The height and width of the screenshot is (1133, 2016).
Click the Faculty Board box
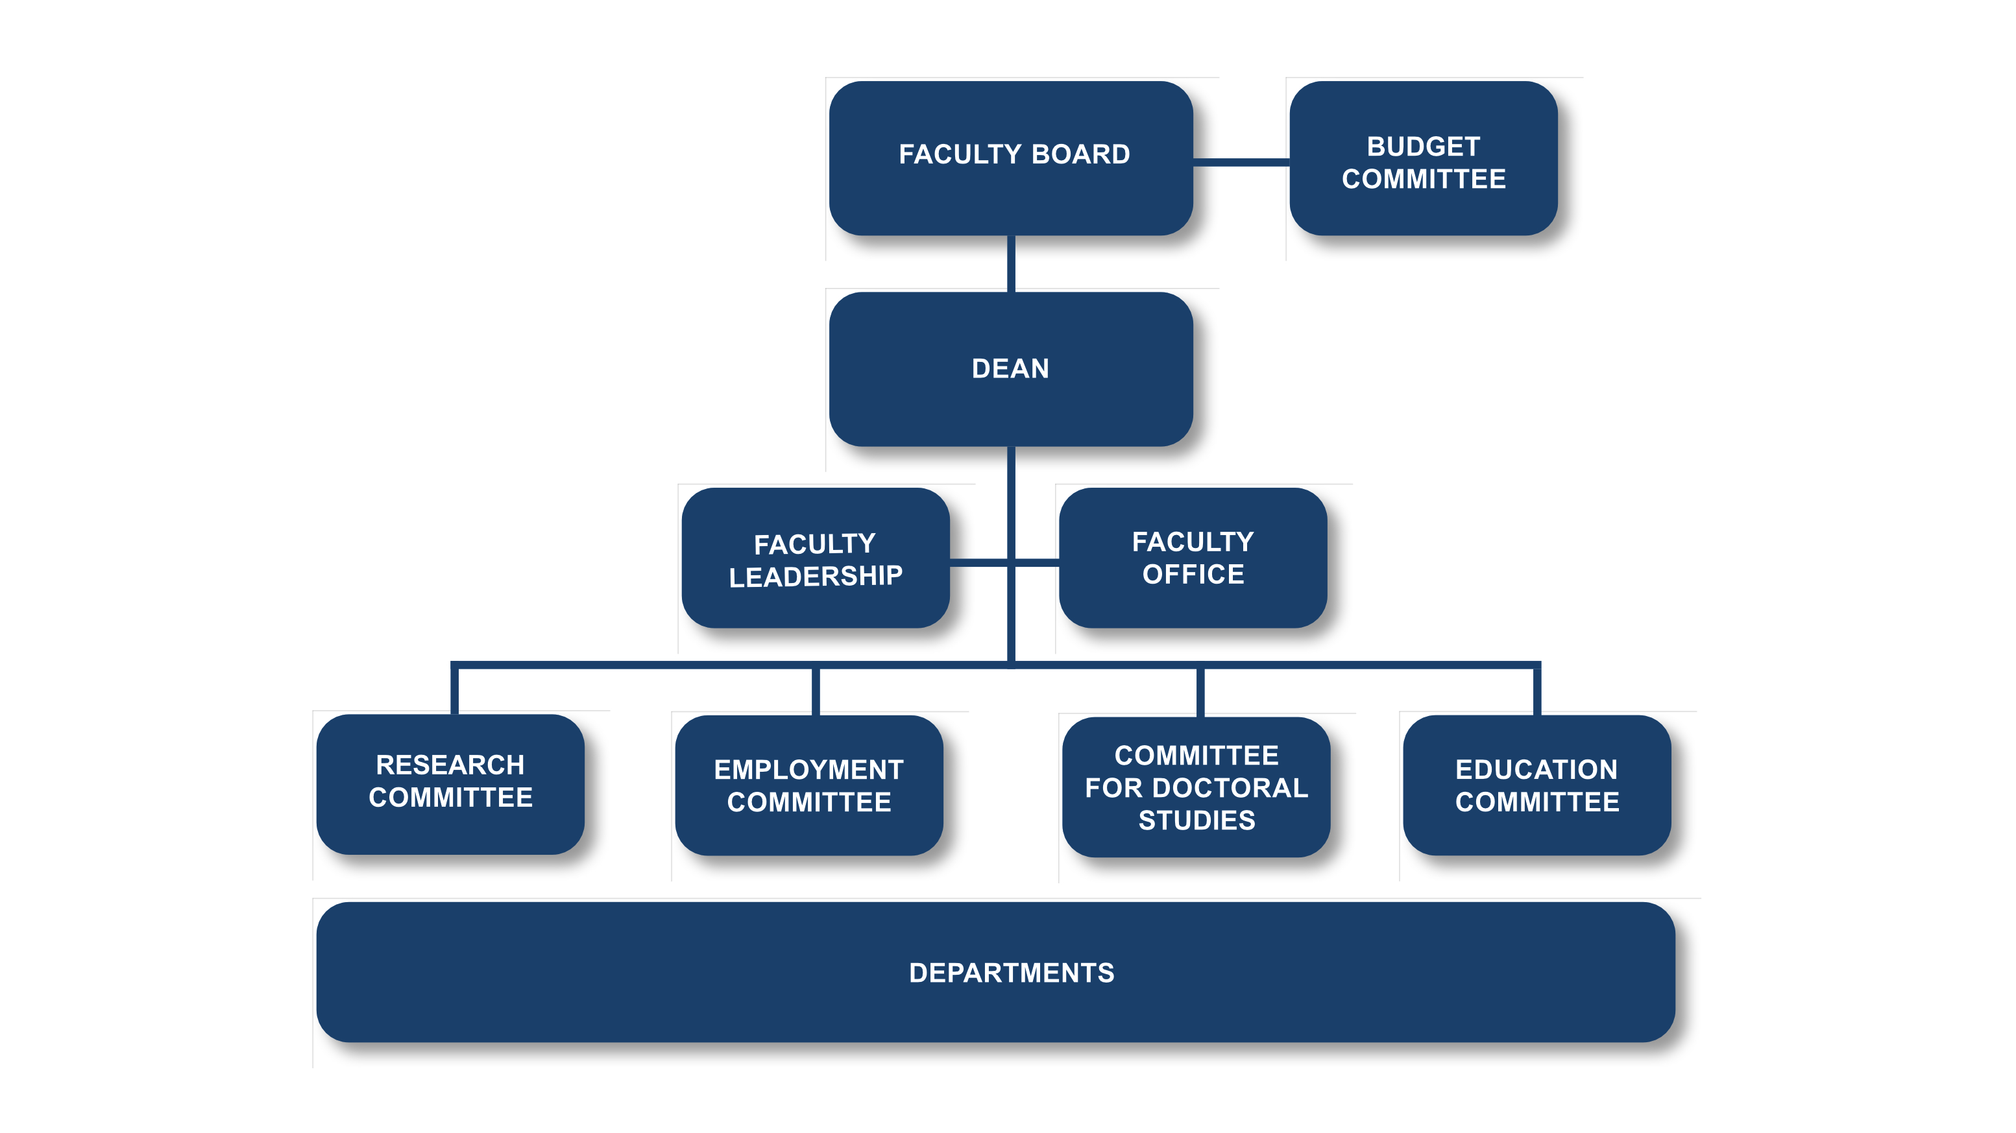pos(1010,159)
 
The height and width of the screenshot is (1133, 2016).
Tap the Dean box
pos(1010,369)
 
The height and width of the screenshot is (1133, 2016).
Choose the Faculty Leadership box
pos(815,558)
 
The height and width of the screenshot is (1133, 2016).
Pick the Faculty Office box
pos(1192,558)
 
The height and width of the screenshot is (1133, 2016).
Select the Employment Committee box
pos(808,785)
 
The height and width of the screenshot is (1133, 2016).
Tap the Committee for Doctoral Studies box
pos(1196,787)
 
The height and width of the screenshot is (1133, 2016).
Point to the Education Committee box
pos(1536,785)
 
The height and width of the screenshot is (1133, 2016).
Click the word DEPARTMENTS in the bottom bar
pos(1011,973)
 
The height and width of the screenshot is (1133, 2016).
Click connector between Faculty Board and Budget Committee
pos(1241,162)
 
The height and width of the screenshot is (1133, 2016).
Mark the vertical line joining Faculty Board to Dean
pos(1010,264)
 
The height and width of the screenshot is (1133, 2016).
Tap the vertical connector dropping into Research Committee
pos(455,690)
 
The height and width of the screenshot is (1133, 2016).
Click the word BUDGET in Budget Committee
pos(1423,147)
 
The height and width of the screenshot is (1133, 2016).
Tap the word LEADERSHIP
pos(815,577)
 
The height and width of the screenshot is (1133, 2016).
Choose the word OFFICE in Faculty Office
pos(1193,575)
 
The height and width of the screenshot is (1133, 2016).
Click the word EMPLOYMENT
pos(808,770)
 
